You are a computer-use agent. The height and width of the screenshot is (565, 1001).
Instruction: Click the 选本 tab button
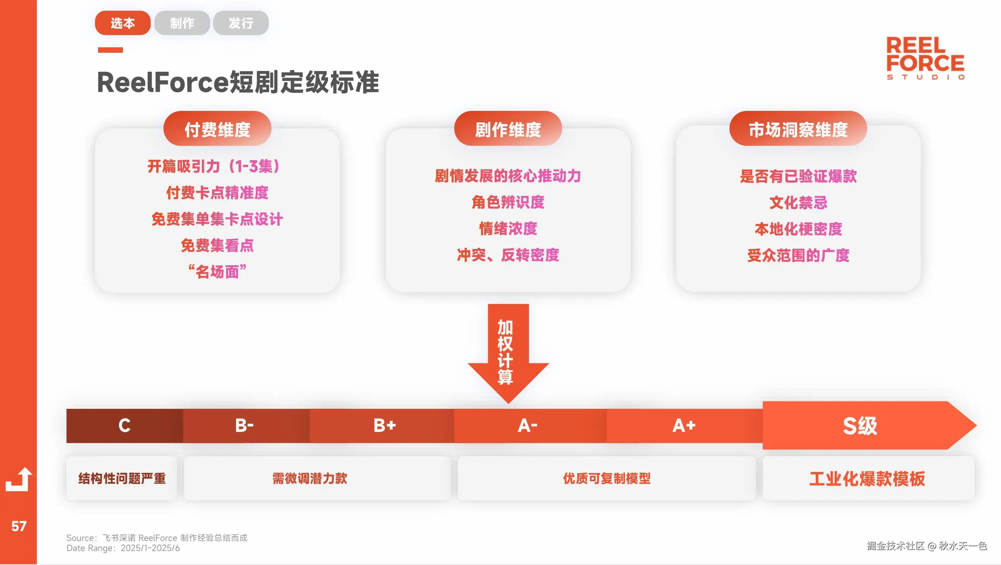(123, 23)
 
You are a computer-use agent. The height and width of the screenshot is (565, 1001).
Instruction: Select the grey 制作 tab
(182, 23)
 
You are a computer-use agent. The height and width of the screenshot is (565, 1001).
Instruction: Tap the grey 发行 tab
(240, 23)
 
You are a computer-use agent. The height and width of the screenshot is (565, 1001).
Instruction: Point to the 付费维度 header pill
(217, 129)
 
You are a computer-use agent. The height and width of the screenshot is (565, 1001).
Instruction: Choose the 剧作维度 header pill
(507, 129)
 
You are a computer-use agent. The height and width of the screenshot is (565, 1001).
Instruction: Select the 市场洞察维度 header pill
(798, 129)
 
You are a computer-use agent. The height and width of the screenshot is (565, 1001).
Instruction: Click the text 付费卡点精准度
(217, 193)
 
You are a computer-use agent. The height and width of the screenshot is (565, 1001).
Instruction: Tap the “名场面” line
(217, 271)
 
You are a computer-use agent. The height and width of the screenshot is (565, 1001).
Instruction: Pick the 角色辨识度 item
(507, 202)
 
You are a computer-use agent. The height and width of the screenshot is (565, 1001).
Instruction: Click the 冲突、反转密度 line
(507, 255)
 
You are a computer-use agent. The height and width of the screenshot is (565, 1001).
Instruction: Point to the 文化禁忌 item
(798, 202)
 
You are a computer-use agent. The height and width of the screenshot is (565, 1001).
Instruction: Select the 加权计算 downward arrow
(507, 352)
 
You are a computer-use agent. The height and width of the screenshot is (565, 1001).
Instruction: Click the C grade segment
(124, 425)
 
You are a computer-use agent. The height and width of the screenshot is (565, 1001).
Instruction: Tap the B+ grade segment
(384, 425)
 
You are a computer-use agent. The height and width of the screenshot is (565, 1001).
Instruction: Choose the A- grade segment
(527, 425)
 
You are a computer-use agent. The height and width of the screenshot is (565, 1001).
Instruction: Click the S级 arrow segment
(859, 425)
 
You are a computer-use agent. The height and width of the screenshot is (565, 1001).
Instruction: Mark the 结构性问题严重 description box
(122, 478)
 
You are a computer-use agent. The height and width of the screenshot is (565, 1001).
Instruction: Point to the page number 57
(18, 526)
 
